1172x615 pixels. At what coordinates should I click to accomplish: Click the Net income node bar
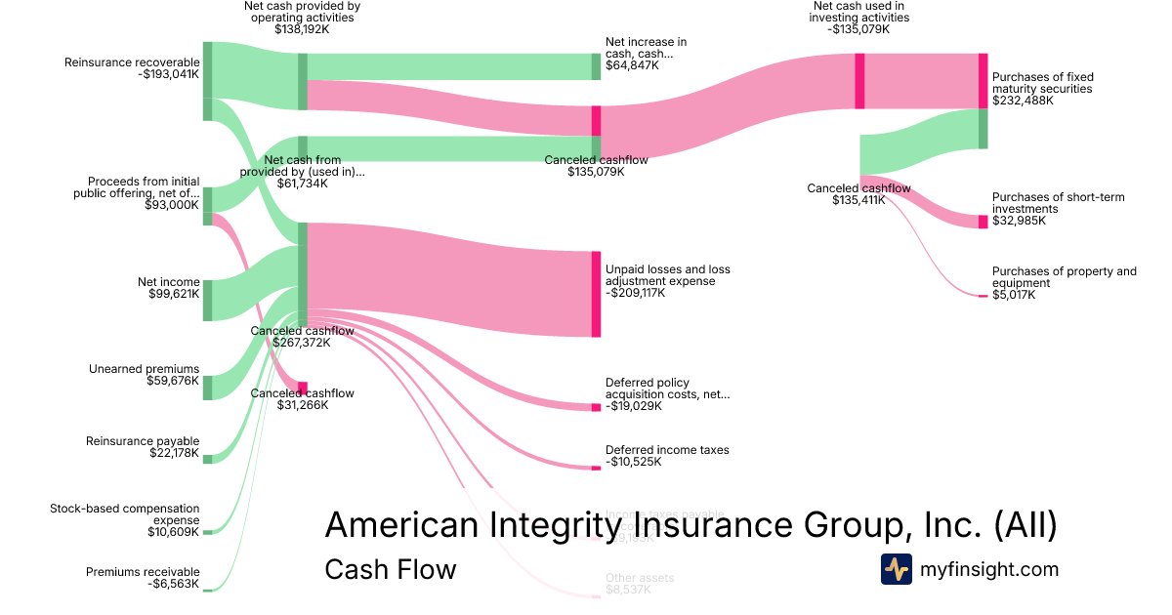coord(207,300)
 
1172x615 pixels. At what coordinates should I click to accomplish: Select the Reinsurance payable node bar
coord(207,459)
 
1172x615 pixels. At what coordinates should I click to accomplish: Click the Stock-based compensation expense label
coord(125,514)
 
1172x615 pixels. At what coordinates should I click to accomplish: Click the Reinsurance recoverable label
coord(132,62)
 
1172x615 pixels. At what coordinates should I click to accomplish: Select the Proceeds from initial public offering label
coord(137,187)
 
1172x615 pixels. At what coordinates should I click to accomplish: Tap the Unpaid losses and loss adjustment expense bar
coord(596,294)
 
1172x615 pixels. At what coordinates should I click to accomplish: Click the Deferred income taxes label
coord(667,450)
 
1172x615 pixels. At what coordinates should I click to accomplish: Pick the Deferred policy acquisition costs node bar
coord(596,407)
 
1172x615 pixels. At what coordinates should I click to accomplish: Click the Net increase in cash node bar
coord(596,66)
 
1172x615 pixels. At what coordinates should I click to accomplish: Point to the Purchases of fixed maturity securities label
coord(1042,83)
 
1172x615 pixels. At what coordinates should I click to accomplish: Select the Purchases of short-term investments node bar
coord(984,222)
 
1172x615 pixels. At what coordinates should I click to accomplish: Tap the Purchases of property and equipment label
coord(1064,277)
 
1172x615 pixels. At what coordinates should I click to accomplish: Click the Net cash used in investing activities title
coord(860,12)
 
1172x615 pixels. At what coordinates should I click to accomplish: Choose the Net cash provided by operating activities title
coord(302,12)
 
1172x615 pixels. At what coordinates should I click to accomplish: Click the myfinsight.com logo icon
coord(896,569)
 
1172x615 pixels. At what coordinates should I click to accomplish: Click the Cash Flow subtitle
coord(390,569)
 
